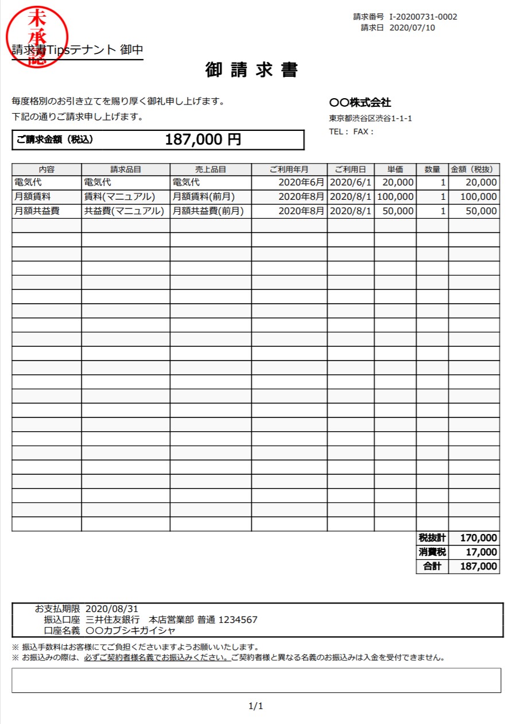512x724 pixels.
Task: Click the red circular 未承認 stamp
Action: click(36, 37)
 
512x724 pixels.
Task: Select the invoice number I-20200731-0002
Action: click(423, 17)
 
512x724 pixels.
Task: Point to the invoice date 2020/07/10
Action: click(412, 28)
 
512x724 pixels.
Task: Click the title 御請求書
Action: click(251, 70)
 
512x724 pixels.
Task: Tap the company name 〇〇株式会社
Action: click(360, 103)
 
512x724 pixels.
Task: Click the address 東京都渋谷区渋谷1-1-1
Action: click(370, 119)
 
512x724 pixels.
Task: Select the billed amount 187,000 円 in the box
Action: click(203, 140)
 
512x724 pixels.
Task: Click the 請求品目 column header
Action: click(126, 169)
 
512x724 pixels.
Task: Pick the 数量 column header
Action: click(432, 169)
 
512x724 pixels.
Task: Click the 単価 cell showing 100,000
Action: click(395, 196)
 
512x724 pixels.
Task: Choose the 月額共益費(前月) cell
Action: click(208, 211)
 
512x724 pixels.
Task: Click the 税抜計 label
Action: click(432, 538)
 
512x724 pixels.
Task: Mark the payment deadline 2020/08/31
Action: click(112, 609)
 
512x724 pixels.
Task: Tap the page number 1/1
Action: click(255, 706)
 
